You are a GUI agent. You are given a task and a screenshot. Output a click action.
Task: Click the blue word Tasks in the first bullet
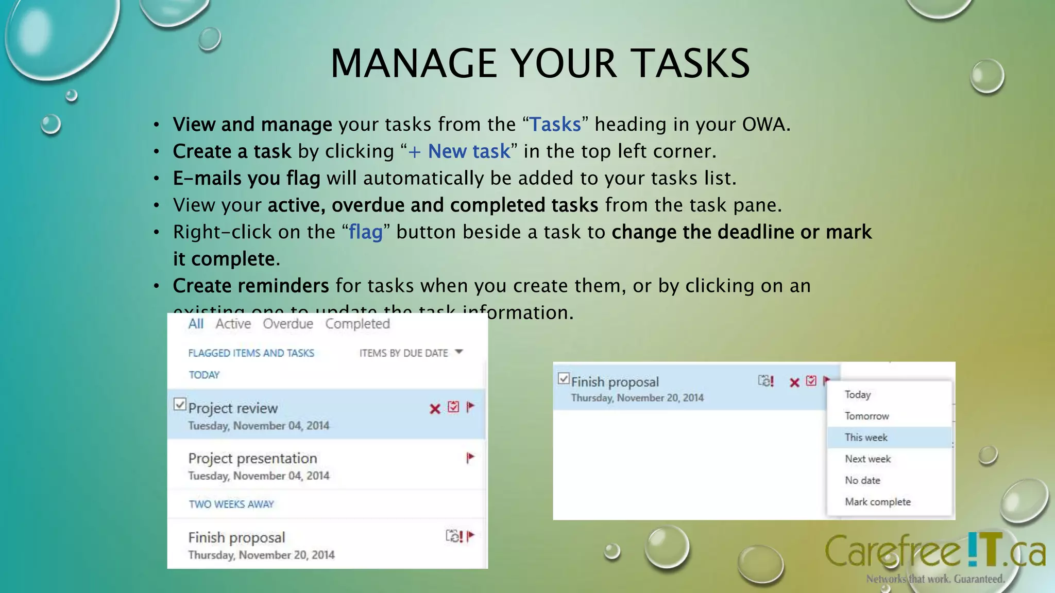click(555, 125)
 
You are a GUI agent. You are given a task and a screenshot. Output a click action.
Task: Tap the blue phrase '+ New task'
click(458, 151)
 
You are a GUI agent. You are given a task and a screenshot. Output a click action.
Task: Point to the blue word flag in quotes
click(366, 232)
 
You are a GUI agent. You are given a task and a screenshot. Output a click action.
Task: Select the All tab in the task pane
click(196, 324)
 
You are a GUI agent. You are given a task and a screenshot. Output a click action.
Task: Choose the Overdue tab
click(288, 324)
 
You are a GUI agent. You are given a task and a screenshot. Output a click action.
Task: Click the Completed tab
click(358, 324)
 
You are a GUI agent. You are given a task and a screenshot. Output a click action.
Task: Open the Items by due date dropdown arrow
click(459, 352)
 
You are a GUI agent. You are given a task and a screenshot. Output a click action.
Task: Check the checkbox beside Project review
click(180, 404)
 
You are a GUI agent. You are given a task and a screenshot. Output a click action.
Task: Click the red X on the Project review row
click(435, 409)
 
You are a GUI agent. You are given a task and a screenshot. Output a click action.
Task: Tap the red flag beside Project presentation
click(470, 458)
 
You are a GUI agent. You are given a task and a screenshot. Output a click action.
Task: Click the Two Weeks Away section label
click(231, 504)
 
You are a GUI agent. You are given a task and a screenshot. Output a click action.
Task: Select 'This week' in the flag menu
click(866, 438)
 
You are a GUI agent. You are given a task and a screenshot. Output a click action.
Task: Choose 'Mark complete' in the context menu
click(878, 502)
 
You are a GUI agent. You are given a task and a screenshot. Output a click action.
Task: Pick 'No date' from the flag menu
click(862, 480)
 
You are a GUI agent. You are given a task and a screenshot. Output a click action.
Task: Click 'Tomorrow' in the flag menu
click(867, 416)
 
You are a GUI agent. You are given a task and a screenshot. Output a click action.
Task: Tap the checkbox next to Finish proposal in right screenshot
click(564, 379)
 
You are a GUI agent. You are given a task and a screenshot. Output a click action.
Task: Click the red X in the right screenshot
click(794, 382)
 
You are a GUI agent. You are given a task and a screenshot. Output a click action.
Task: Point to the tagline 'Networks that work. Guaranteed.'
click(935, 579)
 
